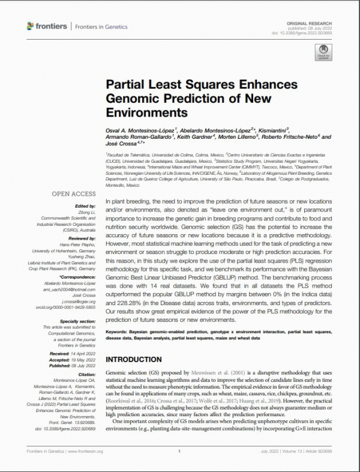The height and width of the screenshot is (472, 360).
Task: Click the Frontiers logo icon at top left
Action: coord(31,26)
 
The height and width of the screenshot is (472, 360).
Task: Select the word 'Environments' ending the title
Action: coord(146,112)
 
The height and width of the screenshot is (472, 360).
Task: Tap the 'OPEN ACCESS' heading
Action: coord(73,194)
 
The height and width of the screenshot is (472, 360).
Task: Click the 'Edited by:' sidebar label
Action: coord(85,205)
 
